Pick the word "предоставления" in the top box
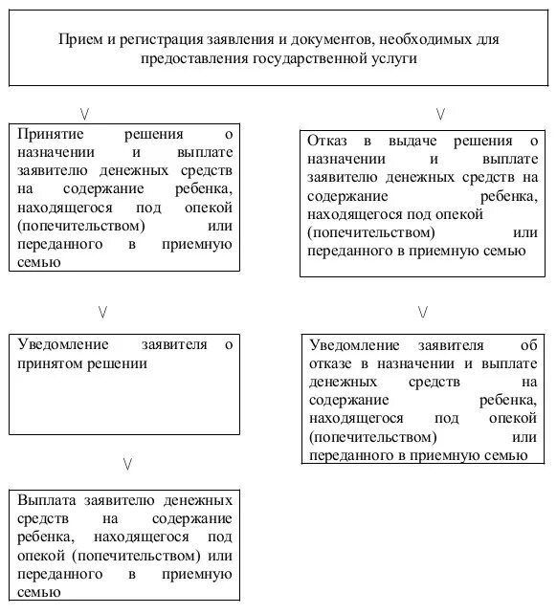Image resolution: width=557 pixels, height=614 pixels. tap(201, 58)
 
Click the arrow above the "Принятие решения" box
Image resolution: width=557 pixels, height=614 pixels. tap(87, 112)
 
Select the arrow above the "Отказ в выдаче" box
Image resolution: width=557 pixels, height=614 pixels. tap(440, 114)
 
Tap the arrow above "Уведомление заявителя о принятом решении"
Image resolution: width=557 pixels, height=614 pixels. tap(102, 311)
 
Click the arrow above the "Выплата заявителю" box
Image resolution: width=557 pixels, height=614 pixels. tap(127, 464)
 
